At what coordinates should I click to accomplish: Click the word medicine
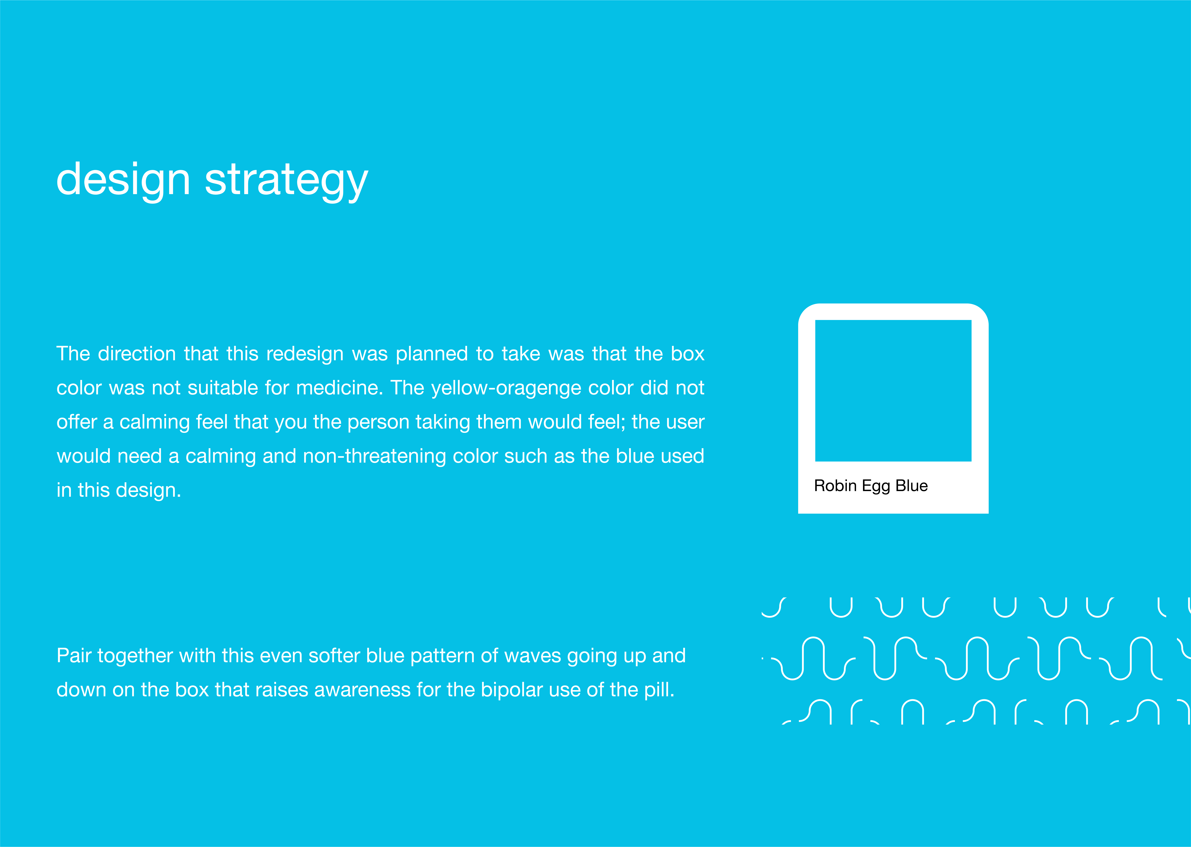click(340, 388)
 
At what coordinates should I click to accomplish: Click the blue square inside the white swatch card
click(893, 391)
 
